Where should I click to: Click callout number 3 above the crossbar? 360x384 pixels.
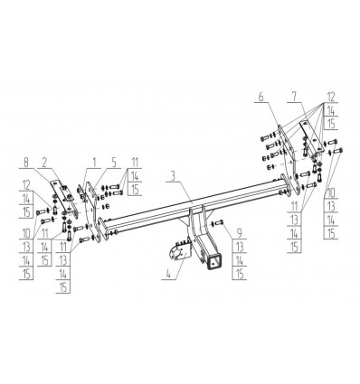[x=173, y=176]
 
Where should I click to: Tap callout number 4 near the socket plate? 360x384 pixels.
[x=168, y=274]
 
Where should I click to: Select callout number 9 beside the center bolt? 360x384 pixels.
[x=240, y=232]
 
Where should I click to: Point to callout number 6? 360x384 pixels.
[x=261, y=97]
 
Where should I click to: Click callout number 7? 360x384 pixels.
[x=294, y=97]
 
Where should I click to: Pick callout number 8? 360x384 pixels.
[x=26, y=163]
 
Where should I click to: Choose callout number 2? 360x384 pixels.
[x=44, y=163]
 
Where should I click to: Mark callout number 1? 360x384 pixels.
[x=94, y=163]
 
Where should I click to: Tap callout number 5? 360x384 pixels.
[x=114, y=163]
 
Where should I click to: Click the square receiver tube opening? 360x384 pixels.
[x=214, y=261]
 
